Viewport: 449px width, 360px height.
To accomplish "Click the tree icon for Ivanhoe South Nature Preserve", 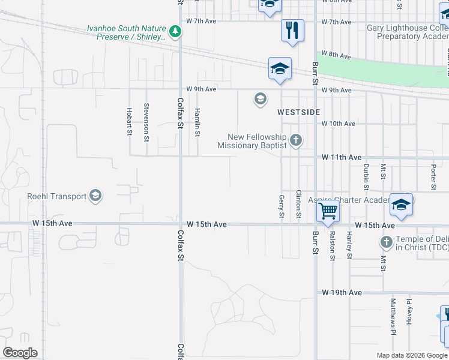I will point(175,31).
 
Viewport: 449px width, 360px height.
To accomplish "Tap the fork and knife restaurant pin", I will point(292,30).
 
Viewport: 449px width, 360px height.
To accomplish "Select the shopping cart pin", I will point(328,211).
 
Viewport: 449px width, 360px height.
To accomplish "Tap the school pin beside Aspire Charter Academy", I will point(400,205).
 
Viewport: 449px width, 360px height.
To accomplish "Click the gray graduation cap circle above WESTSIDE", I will point(260,99).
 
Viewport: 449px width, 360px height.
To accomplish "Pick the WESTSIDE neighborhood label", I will point(298,112).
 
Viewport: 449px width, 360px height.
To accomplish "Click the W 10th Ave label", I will point(339,124).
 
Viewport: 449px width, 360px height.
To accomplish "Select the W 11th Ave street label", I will point(341,157).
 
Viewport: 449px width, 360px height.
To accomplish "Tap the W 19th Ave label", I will point(342,293).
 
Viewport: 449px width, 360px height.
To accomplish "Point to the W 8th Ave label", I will point(336,56).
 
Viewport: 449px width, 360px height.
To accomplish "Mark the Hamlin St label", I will point(197,122).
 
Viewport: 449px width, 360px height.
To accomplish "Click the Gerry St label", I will point(281,206).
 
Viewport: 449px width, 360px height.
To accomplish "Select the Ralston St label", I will point(332,247).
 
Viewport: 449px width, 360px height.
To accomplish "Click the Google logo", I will point(20,352).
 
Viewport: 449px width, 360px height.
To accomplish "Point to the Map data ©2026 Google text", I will point(411,355).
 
